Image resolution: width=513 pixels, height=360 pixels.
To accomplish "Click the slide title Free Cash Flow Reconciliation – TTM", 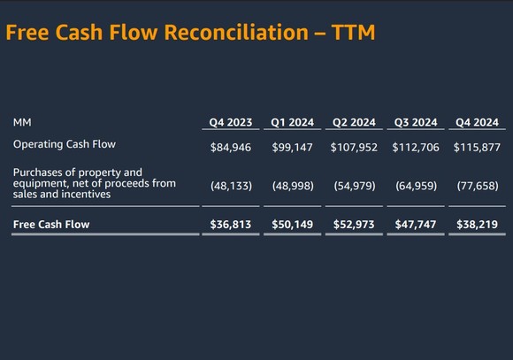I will [190, 33].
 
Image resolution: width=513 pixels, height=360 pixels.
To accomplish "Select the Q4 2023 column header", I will [230, 122].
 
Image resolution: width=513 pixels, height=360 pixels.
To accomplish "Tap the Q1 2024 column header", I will [292, 122].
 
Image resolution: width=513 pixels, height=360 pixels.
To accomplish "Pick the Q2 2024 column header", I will [353, 122].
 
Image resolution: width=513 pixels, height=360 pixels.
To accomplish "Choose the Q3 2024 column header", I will [415, 122].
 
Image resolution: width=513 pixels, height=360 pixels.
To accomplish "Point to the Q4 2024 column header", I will [476, 122].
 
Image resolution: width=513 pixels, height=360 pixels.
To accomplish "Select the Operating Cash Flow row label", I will [64, 143].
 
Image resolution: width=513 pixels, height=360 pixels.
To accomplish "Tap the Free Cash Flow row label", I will [51, 225].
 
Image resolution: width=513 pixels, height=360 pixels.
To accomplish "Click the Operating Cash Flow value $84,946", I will [230, 148].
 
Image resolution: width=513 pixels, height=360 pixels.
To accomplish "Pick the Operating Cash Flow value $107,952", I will [353, 148].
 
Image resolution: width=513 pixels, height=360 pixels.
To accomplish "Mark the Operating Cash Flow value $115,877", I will [476, 148].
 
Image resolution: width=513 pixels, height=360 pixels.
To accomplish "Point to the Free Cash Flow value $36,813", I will [230, 225].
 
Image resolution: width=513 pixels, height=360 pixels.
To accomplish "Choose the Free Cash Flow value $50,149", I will [292, 225].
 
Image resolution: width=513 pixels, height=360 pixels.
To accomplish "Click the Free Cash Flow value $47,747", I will [415, 225].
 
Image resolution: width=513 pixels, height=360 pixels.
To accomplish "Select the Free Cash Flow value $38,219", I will [476, 225].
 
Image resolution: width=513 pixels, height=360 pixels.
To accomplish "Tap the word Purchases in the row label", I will [41, 172].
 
